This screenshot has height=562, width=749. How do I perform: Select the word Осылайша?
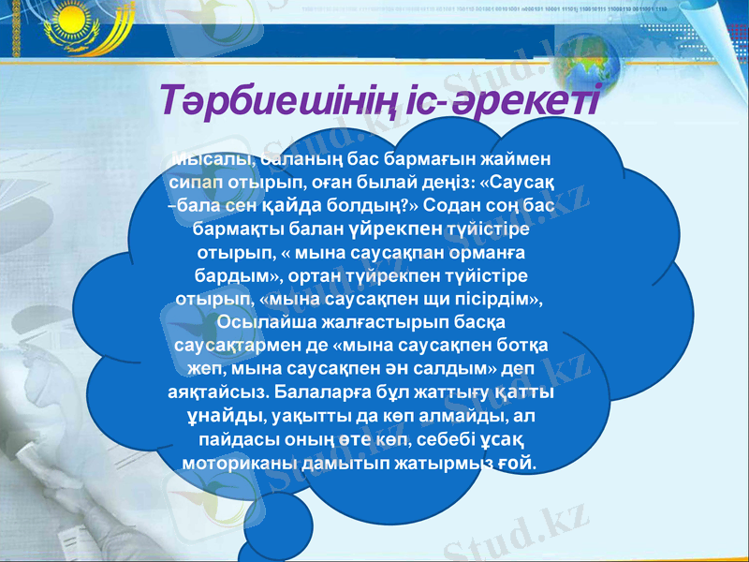260,323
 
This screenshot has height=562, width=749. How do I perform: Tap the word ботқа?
528,346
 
